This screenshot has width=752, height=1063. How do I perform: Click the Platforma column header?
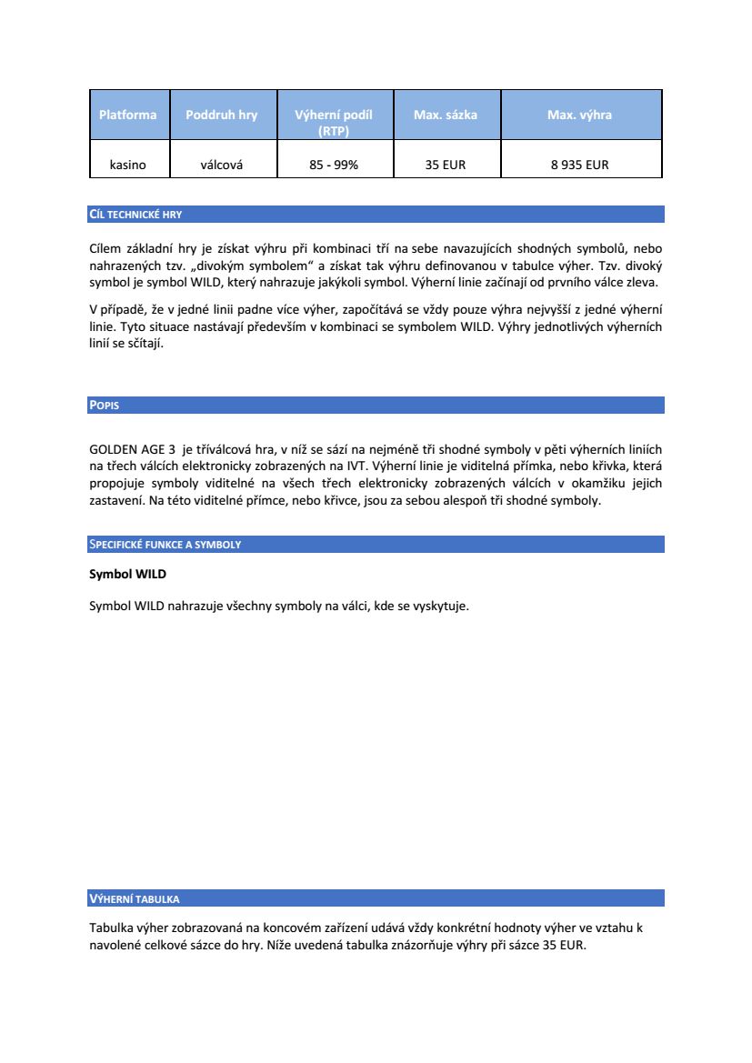click(x=128, y=115)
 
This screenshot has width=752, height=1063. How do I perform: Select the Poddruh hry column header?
click(x=221, y=115)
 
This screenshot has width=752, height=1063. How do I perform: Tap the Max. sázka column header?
click(x=446, y=115)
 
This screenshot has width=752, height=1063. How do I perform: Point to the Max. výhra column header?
click(x=579, y=115)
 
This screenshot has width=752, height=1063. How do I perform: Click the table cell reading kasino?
click(x=128, y=165)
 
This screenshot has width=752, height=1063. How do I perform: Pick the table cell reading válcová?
click(x=221, y=165)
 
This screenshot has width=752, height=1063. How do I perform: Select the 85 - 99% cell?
click(x=334, y=165)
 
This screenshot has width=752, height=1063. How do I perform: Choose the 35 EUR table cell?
click(x=446, y=165)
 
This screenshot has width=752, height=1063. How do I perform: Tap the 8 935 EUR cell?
click(x=579, y=165)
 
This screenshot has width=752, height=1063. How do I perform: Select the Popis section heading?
click(x=104, y=406)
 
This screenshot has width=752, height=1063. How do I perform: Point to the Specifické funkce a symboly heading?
click(x=165, y=545)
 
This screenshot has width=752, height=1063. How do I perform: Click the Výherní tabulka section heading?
click(x=134, y=899)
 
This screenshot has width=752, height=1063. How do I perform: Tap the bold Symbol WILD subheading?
click(x=127, y=575)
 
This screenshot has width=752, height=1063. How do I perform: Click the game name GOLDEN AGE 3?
click(x=133, y=449)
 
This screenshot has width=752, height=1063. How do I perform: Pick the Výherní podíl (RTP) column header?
click(x=334, y=123)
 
